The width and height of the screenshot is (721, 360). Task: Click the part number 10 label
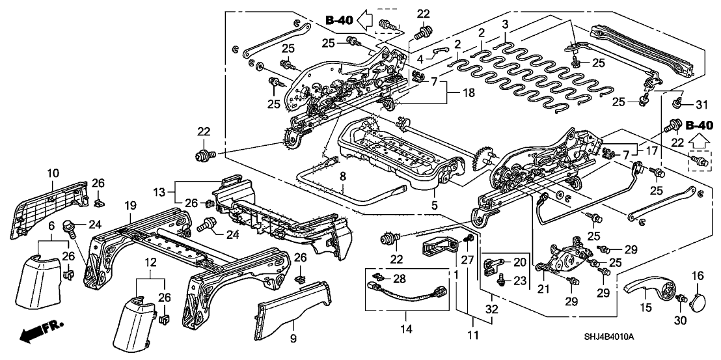tap(53, 173)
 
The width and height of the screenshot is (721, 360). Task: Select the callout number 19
tap(130, 204)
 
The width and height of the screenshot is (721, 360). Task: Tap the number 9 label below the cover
tap(292, 340)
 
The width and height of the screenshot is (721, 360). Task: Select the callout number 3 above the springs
tap(504, 25)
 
